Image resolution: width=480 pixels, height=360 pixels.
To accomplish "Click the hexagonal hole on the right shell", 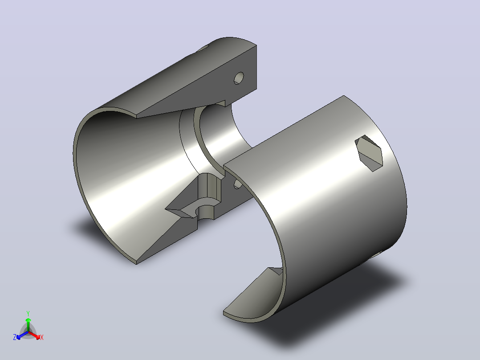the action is pos(369,153).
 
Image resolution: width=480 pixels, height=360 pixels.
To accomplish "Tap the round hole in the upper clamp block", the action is pos(239,78).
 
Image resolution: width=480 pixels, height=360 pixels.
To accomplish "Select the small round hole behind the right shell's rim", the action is pos(238,184).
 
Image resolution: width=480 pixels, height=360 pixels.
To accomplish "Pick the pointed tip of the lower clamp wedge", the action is pos(166,209).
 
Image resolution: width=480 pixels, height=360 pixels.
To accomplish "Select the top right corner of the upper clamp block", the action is pos(256,45).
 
